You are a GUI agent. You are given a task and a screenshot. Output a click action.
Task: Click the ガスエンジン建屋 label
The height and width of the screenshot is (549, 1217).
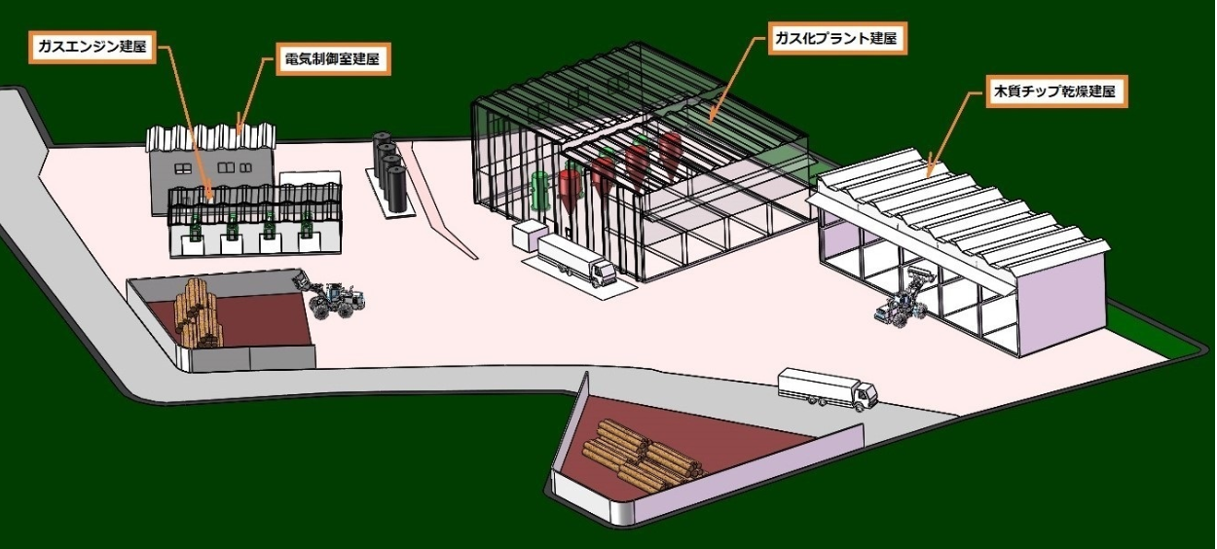[x=92, y=47]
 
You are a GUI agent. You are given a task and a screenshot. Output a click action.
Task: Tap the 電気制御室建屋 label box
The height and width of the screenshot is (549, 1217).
[x=333, y=58]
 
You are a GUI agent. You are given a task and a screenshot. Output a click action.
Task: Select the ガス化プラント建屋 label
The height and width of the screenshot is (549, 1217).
[x=837, y=38]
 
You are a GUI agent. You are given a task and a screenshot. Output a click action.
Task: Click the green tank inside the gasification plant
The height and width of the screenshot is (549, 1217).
[x=540, y=191]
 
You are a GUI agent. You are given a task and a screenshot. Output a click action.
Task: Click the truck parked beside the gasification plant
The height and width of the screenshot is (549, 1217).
[x=576, y=261]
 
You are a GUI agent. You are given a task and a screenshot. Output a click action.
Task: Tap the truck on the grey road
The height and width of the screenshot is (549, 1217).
[x=827, y=388]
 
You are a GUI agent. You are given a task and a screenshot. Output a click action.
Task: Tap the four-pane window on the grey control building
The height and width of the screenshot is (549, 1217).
[x=183, y=168]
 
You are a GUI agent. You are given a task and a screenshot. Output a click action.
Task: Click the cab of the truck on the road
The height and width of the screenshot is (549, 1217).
[x=864, y=395]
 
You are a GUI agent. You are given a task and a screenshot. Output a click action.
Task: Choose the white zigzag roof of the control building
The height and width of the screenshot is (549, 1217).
[x=211, y=137]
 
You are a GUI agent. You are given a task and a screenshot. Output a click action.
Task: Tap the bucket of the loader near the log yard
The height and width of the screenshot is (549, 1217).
[x=300, y=280]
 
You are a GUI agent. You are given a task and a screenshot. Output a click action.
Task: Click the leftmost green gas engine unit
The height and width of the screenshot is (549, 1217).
[x=195, y=228]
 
